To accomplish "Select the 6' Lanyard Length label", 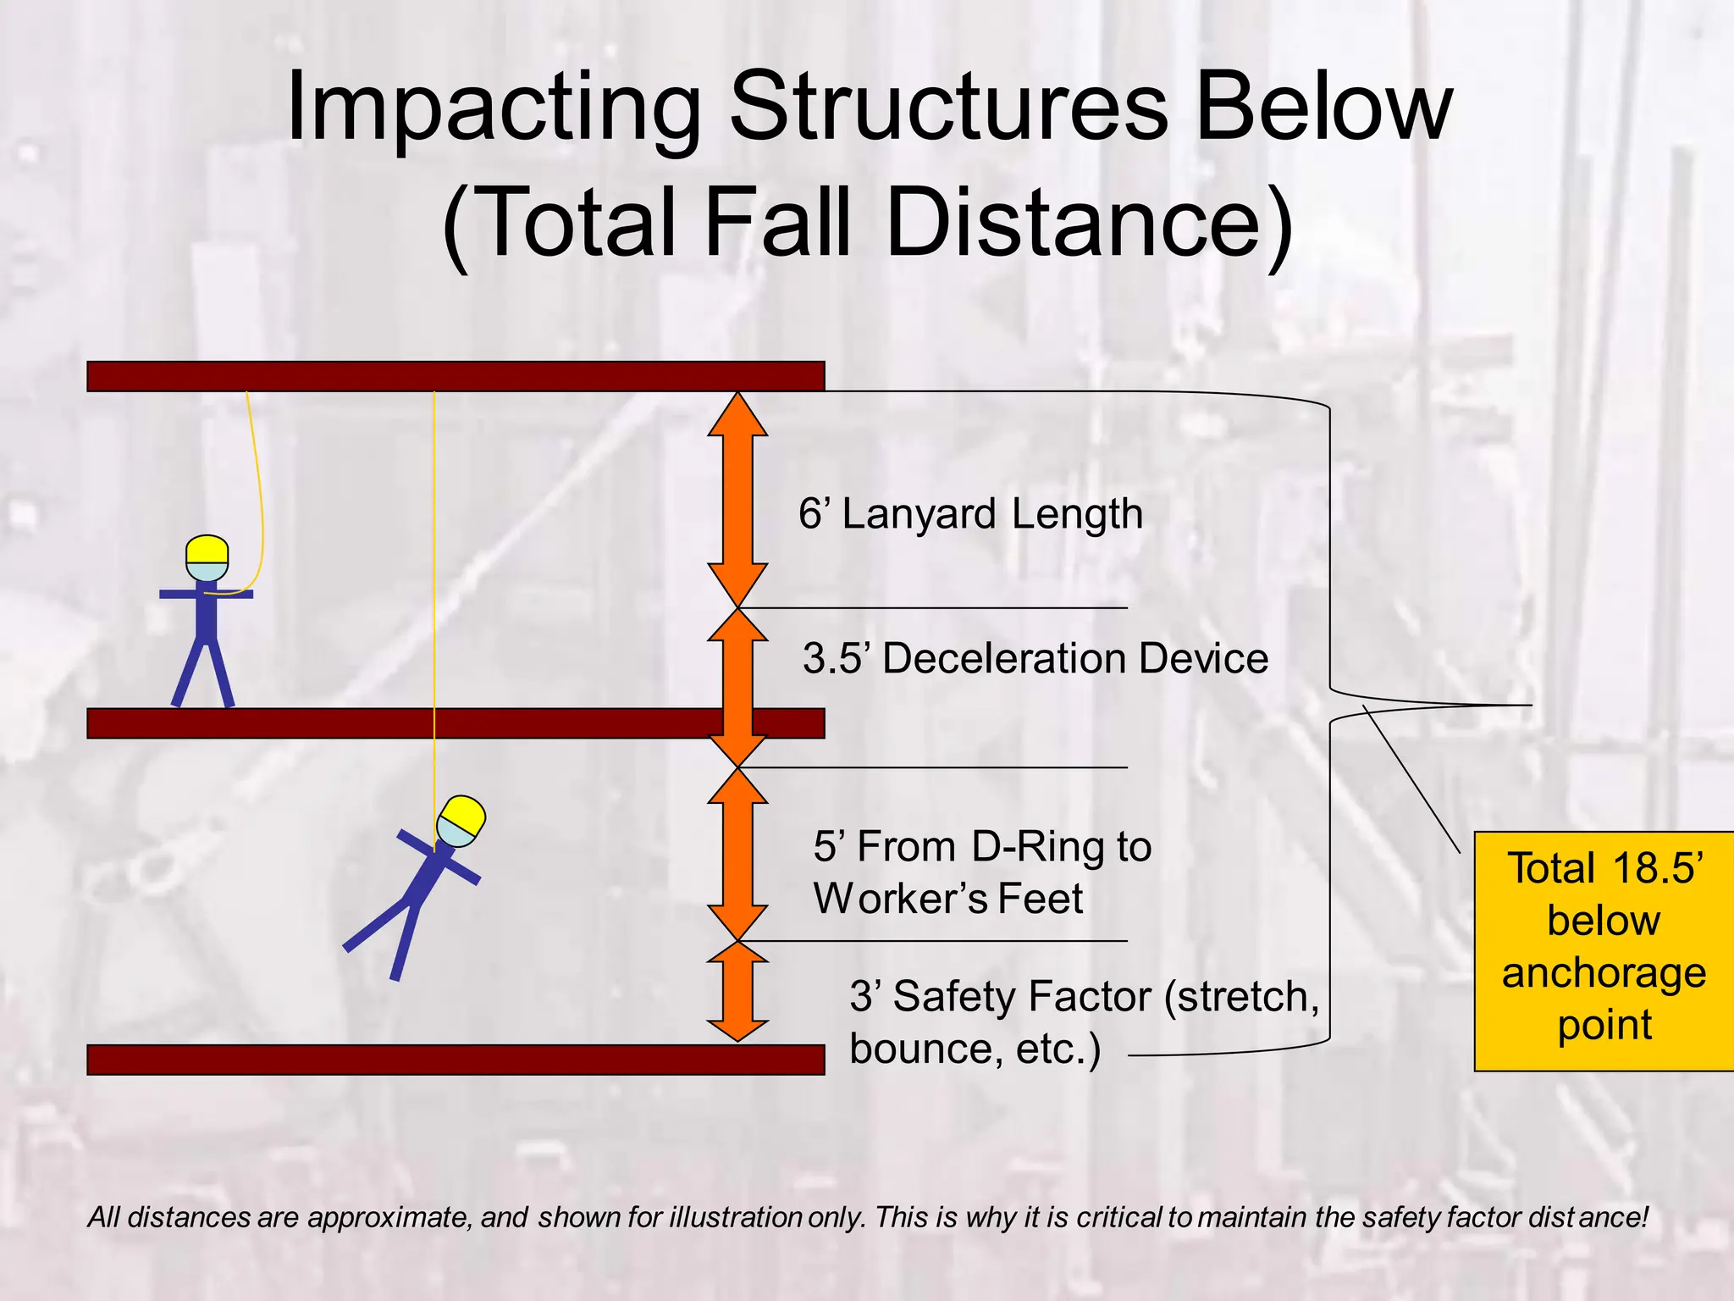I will (x=970, y=514).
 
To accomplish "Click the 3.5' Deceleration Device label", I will (x=1035, y=659).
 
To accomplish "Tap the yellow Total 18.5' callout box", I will (x=1604, y=950).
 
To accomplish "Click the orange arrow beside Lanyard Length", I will (x=737, y=500).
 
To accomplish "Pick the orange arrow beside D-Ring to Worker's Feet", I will (x=737, y=854).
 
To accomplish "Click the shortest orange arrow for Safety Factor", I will (x=737, y=991).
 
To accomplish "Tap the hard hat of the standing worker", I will (x=207, y=549).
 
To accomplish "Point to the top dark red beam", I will (x=456, y=376).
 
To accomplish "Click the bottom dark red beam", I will (x=456, y=1060).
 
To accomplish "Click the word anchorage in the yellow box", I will (x=1604, y=972).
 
